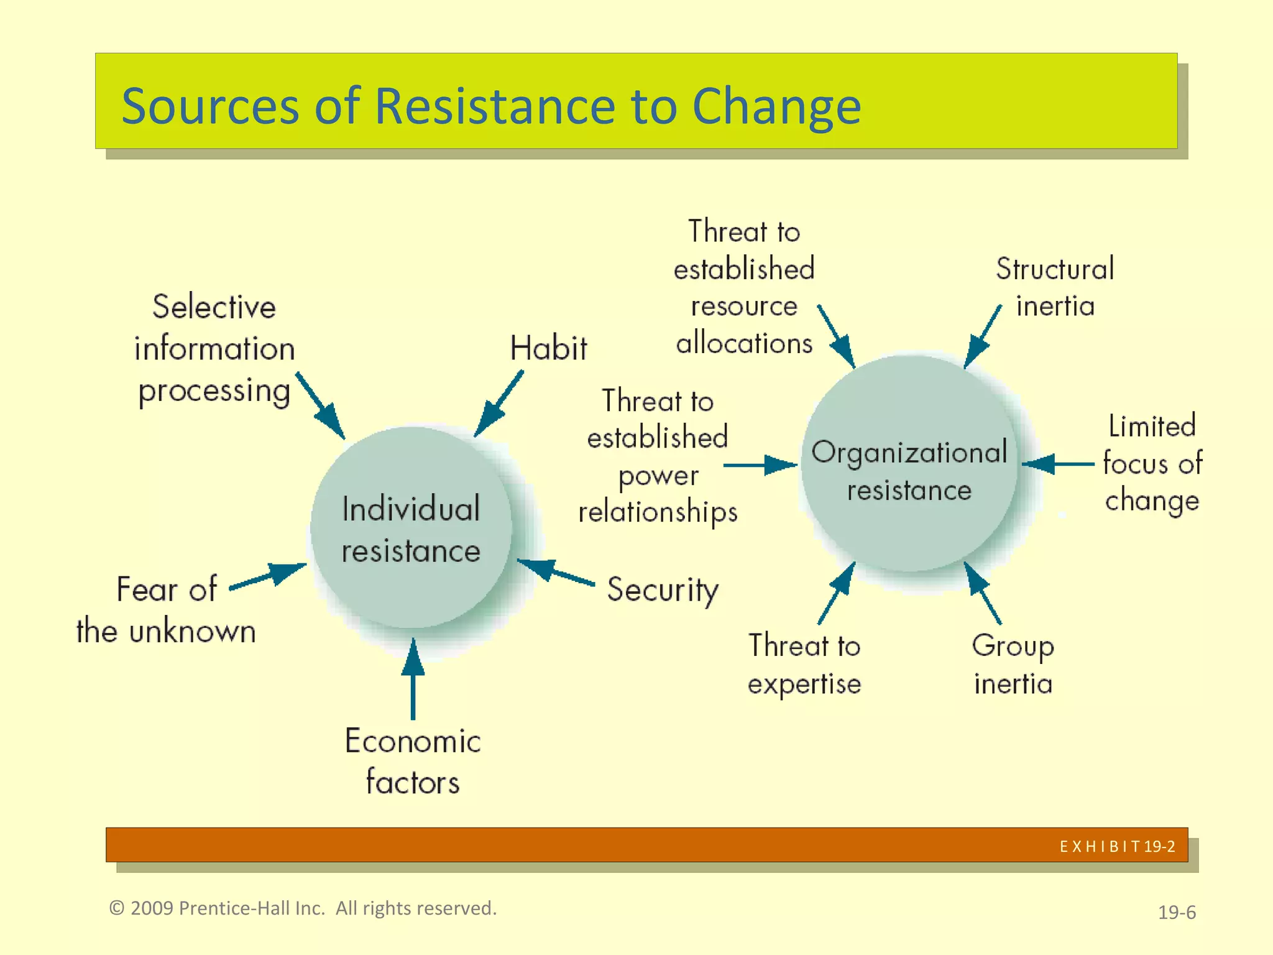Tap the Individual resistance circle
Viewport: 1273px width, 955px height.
(x=411, y=528)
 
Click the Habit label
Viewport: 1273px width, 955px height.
(x=548, y=348)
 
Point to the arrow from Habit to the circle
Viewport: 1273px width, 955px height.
(x=499, y=404)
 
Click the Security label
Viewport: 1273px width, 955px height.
(x=663, y=589)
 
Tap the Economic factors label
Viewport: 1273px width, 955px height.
(x=413, y=761)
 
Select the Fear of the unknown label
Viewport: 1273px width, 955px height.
(x=166, y=610)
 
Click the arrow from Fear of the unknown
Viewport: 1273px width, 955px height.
(x=269, y=576)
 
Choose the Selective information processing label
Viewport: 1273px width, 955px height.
(x=214, y=349)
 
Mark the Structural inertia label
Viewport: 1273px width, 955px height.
(x=1055, y=287)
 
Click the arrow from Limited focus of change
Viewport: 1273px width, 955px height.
(x=1057, y=464)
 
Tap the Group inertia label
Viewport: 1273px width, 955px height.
(x=1013, y=665)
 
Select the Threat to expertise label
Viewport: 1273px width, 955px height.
(x=804, y=665)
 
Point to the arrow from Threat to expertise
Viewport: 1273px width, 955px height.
(x=837, y=593)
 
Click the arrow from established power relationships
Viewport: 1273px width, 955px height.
(x=760, y=464)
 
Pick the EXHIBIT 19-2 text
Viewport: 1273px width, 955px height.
(x=1117, y=846)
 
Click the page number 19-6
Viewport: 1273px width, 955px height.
(x=1177, y=912)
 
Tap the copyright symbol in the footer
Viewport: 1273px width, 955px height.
(x=116, y=908)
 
